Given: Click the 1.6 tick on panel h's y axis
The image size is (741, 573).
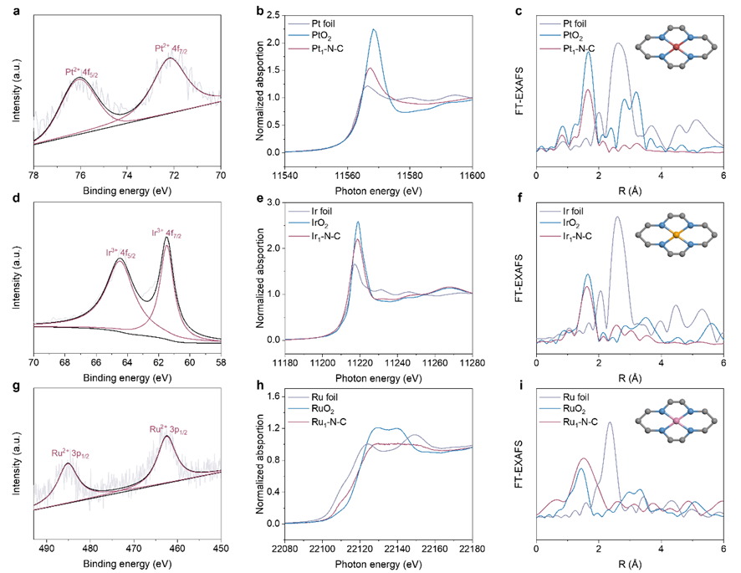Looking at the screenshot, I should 269,395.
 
